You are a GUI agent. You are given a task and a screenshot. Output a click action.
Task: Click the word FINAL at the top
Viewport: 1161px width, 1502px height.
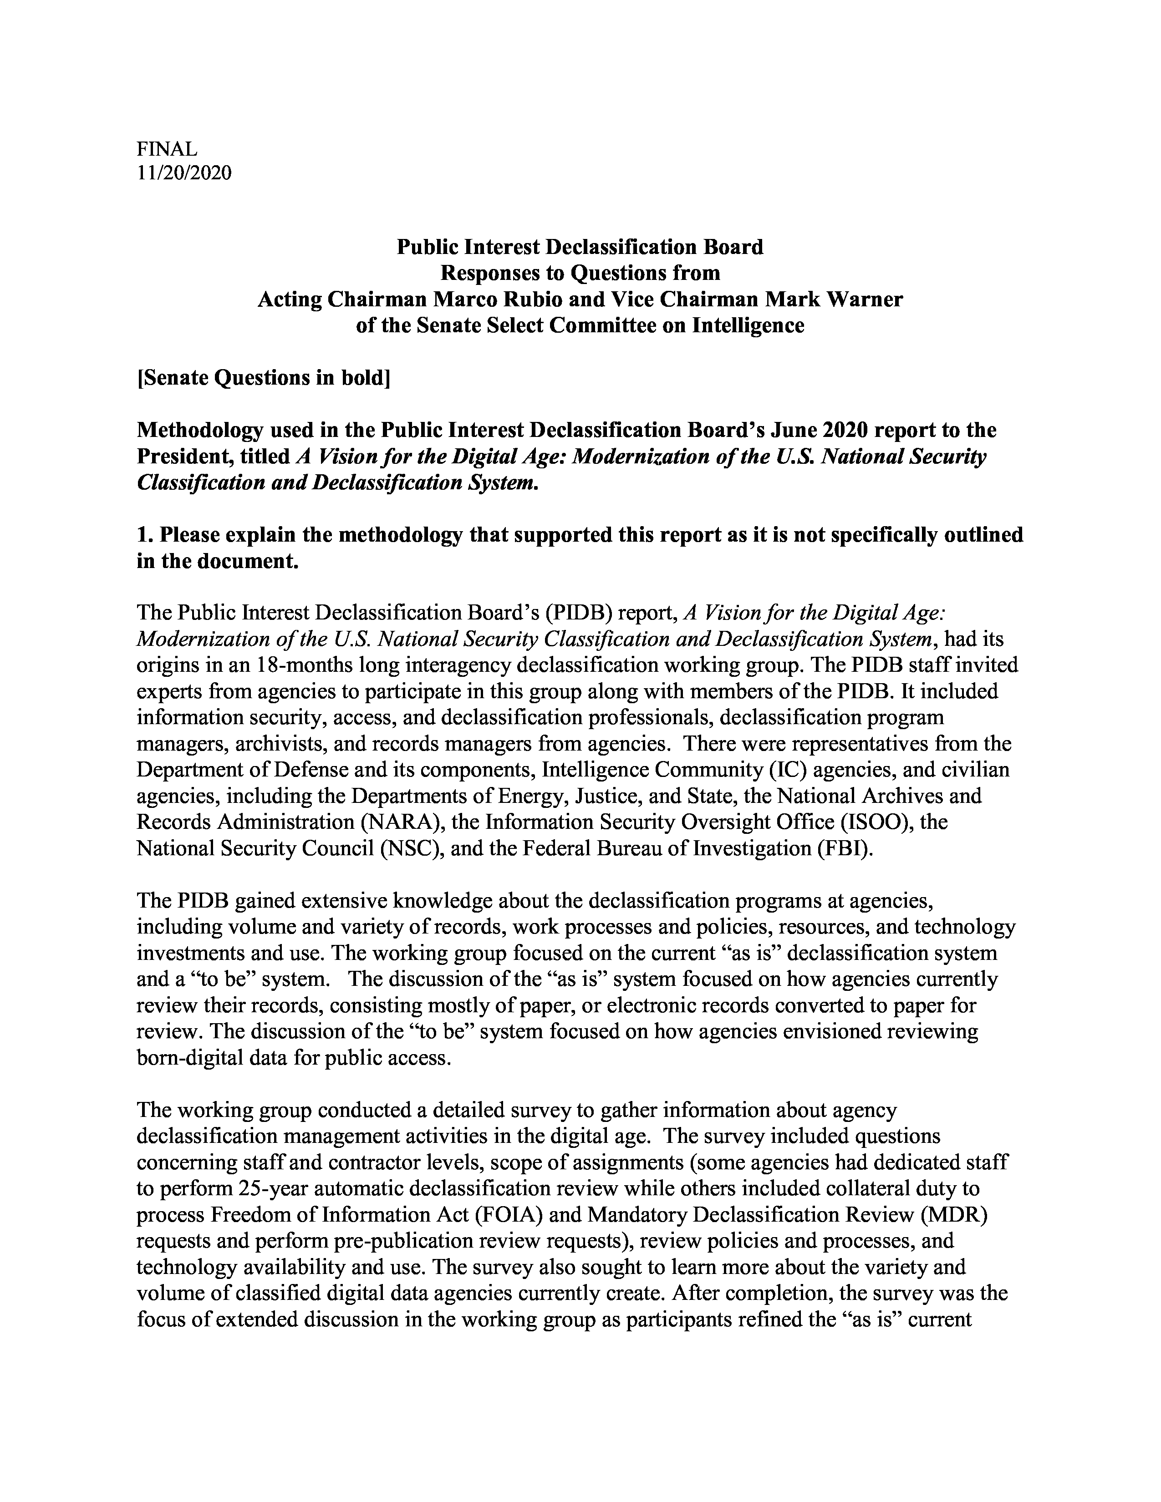(x=167, y=148)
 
